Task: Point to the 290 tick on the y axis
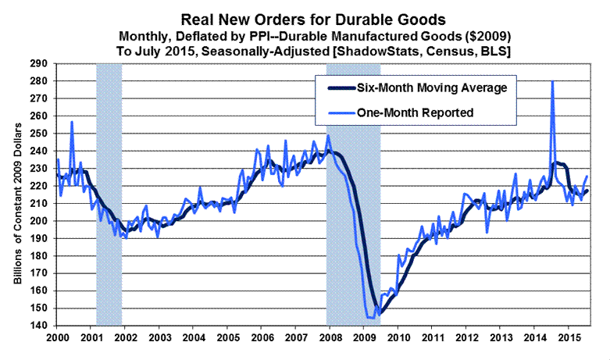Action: [x=39, y=64]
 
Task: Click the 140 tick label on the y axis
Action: [x=39, y=326]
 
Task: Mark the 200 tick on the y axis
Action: [x=39, y=221]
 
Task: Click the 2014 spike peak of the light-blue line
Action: [x=552, y=82]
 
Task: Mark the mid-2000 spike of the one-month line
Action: [x=72, y=122]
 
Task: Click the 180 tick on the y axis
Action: [x=39, y=256]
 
